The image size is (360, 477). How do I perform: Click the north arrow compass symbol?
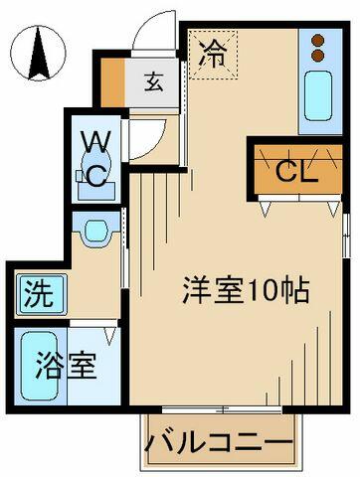pyautogui.click(x=38, y=53)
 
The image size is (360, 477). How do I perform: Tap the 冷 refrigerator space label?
pyautogui.click(x=213, y=55)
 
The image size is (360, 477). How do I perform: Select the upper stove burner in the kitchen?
pyautogui.click(x=318, y=41)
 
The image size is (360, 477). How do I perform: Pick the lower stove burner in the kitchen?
pyautogui.click(x=318, y=56)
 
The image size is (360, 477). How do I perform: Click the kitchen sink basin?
pyautogui.click(x=318, y=95)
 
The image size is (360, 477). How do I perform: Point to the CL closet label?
pyautogui.click(x=297, y=171)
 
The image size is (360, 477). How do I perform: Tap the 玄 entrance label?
pyautogui.click(x=154, y=82)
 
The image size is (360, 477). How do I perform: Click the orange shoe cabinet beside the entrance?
pyautogui.click(x=112, y=82)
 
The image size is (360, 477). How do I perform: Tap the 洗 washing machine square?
pyautogui.click(x=42, y=293)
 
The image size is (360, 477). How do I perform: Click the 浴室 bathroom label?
pyautogui.click(x=66, y=366)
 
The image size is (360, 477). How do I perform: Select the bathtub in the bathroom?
pyautogui.click(x=40, y=366)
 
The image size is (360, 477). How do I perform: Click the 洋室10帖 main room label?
pyautogui.click(x=246, y=290)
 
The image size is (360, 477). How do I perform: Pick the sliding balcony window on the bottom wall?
pyautogui.click(x=222, y=409)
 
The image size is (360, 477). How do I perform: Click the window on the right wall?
pyautogui.click(x=346, y=236)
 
